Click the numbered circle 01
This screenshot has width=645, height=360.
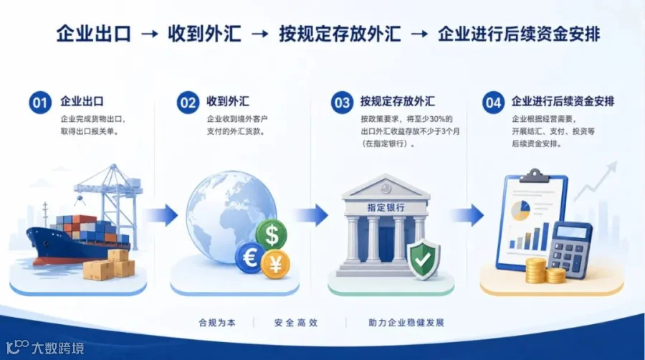click(40, 103)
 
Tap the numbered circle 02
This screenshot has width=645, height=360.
click(188, 103)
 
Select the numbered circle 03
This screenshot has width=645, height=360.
click(342, 103)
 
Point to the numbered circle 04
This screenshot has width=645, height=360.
click(493, 103)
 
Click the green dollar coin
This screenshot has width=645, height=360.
click(272, 235)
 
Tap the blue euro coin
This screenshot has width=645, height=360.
click(250, 258)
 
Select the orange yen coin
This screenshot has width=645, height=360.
click(275, 264)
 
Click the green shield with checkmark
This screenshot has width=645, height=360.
click(424, 258)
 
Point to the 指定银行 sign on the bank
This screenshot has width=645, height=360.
click(386, 207)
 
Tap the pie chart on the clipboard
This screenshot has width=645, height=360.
click(521, 210)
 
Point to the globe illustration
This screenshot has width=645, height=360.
click(231, 217)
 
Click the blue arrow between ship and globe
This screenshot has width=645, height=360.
click(161, 215)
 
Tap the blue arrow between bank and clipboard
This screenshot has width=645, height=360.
click(467, 215)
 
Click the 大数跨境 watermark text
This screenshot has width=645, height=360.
click(57, 348)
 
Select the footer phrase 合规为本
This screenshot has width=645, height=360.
click(217, 323)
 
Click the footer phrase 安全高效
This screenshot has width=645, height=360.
click(296, 323)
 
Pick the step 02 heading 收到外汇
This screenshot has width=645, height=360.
click(228, 102)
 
